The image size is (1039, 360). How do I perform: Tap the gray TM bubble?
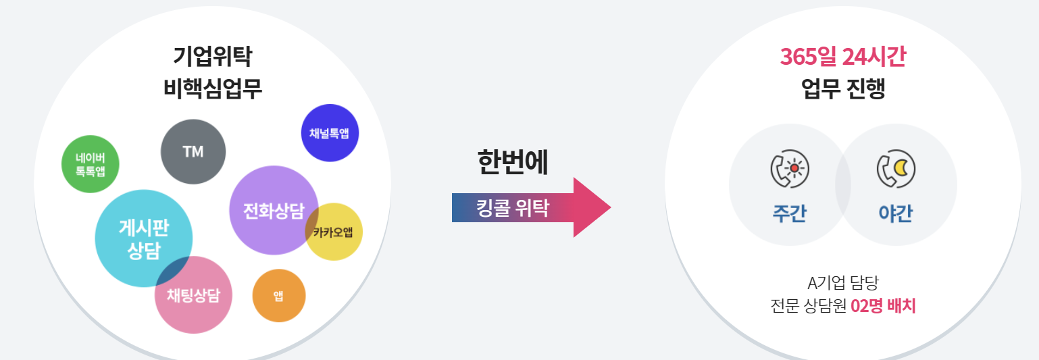tap(193, 152)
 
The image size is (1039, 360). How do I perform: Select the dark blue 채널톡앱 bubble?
tap(330, 133)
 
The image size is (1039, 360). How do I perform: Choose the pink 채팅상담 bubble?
tap(193, 295)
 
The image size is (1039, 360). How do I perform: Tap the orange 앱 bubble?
tap(279, 296)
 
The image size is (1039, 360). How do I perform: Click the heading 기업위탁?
tap(212, 57)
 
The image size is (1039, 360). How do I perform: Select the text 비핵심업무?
tap(212, 89)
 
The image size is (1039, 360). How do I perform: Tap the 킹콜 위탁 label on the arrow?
tap(513, 207)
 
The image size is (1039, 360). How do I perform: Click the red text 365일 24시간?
tap(842, 57)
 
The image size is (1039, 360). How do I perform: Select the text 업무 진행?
tap(842, 89)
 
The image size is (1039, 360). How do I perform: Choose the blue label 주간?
tap(790, 213)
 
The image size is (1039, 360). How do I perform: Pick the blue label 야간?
tap(895, 213)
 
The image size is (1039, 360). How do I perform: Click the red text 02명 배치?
tap(883, 305)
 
